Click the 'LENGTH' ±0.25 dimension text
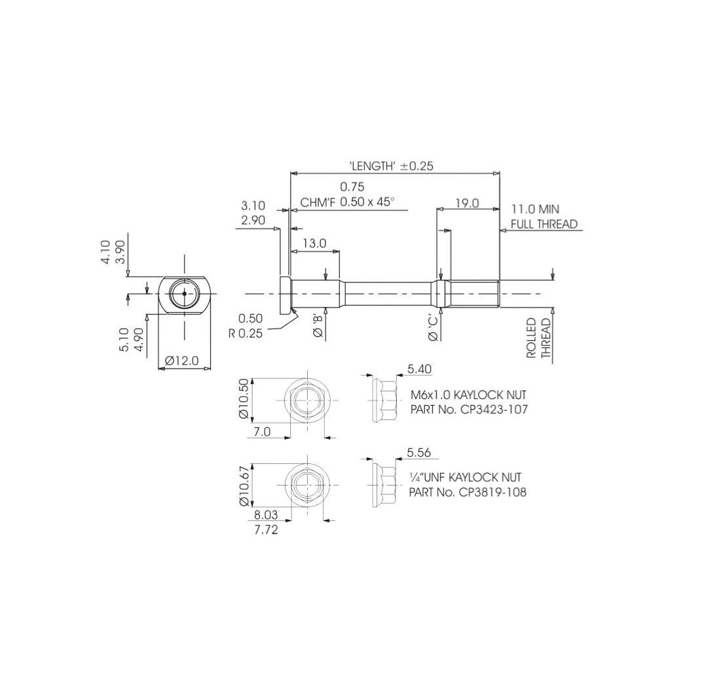391,166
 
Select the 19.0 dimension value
467,203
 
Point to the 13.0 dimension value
314,243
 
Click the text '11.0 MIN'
535,209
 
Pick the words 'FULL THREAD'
544,224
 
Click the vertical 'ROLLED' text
531,338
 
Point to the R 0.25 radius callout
246,333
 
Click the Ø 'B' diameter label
318,326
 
